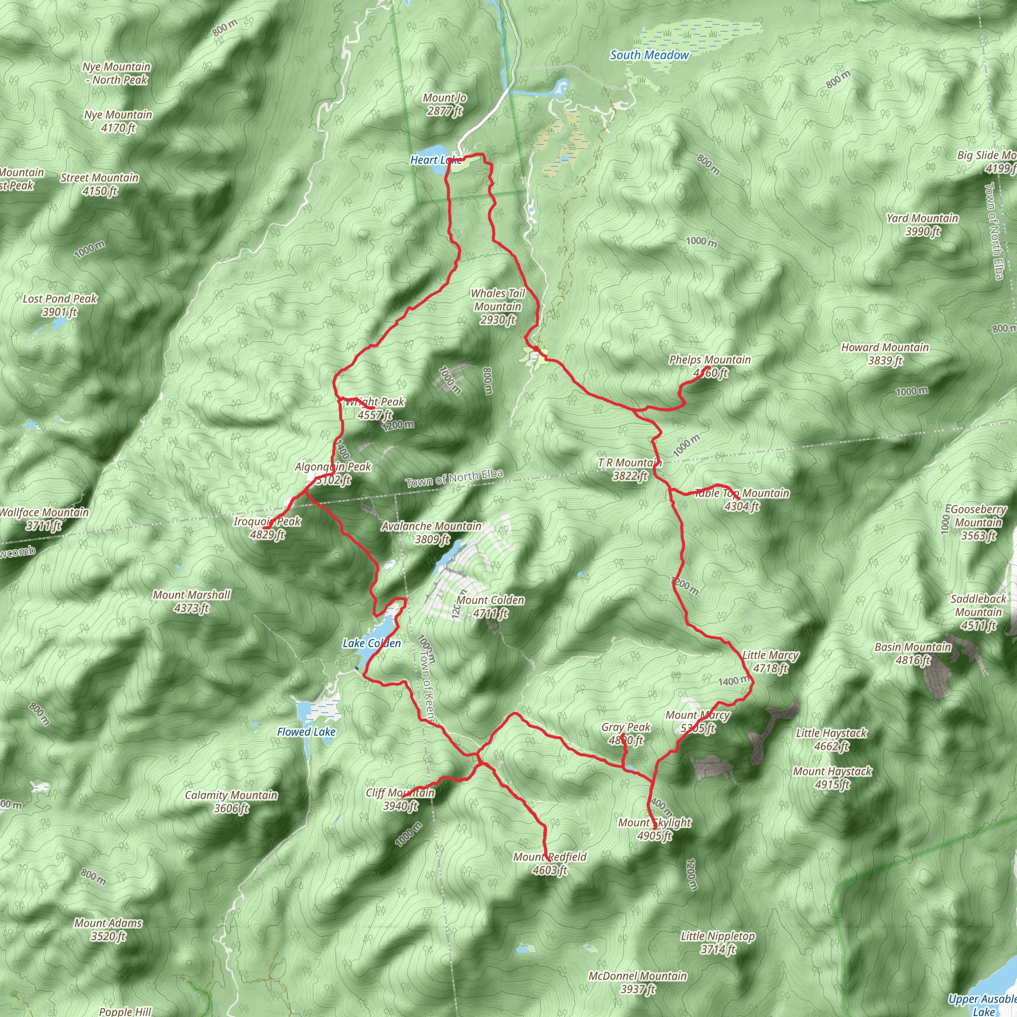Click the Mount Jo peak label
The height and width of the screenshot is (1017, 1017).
pos(445,104)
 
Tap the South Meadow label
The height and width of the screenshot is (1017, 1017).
pos(649,55)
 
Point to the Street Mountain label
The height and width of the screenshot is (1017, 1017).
pos(99,184)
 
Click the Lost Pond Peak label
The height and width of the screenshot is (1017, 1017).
pos(60,305)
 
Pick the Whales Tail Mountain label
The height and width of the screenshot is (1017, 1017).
pos(498,306)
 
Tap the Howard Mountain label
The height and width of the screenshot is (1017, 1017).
pos(885,354)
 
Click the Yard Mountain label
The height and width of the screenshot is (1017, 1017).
pos(922,225)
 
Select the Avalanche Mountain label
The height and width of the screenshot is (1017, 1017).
pos(432,532)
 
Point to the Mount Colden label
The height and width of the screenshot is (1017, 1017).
pos(490,606)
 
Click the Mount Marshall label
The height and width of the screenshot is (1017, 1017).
pos(192,601)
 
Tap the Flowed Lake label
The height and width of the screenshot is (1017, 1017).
pos(306,731)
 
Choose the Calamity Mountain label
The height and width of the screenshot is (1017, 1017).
pos(231,801)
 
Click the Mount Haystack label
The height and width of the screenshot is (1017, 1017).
pos(832,778)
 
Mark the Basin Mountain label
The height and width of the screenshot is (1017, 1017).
pos(913,654)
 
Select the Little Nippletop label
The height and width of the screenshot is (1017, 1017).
pos(718,942)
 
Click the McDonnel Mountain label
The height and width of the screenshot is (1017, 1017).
pos(638,982)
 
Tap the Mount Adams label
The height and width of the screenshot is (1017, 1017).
pos(108,929)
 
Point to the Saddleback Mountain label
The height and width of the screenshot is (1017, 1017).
pos(978,612)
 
